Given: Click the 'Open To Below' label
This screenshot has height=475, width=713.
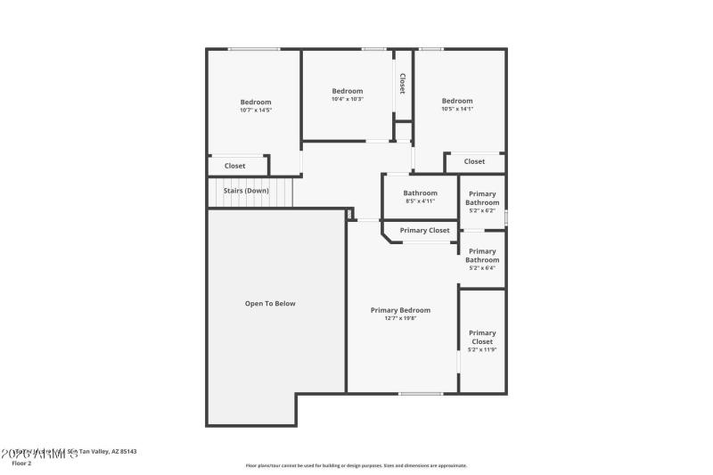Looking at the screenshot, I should click(270, 304).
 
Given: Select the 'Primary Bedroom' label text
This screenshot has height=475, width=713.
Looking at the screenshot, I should click(400, 310).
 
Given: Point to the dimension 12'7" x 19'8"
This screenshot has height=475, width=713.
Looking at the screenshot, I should click(400, 318).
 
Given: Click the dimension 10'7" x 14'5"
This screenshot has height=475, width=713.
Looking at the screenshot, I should click(255, 111).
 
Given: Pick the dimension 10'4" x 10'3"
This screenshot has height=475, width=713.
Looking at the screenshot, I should click(347, 99).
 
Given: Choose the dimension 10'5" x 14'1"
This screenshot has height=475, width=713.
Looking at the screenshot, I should click(457, 109).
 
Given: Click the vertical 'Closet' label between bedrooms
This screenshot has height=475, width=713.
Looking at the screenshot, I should click(403, 84).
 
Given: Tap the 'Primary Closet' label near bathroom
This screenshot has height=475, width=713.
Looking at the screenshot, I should click(424, 231).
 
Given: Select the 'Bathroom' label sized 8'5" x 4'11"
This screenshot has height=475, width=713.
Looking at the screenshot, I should click(420, 193).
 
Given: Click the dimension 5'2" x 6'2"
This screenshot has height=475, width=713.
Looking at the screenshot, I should click(482, 211).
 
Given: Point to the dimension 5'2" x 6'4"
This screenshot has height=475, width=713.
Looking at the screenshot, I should click(482, 268).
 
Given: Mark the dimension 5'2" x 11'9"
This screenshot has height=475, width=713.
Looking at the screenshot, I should click(482, 349).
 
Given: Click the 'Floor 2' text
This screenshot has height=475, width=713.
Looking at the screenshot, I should click(21, 463).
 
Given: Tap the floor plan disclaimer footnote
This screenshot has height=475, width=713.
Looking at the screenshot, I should click(356, 465).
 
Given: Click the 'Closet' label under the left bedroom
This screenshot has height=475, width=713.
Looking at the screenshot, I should click(234, 166).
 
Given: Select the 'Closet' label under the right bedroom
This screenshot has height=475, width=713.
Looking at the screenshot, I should click(474, 161).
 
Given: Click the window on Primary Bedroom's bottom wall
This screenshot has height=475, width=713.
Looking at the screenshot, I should click(421, 393).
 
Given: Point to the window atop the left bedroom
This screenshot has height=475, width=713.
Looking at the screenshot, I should click(254, 49).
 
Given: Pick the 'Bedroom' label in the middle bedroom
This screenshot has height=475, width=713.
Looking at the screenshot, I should click(347, 91).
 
